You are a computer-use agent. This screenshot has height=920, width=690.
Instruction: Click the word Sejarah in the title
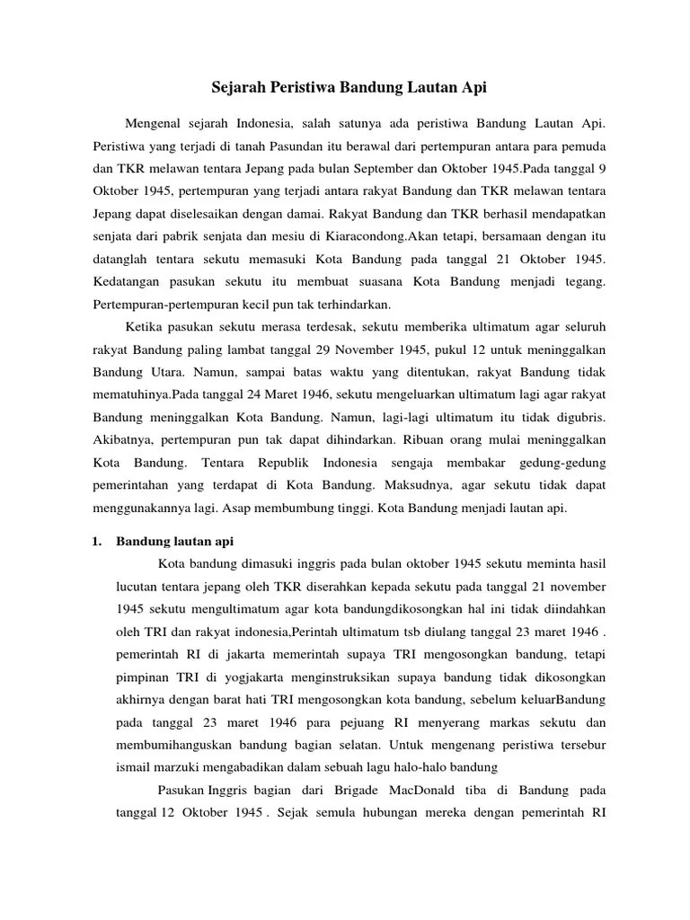pyautogui.click(x=234, y=88)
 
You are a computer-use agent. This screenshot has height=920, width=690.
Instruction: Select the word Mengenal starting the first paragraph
pyautogui.click(x=158, y=121)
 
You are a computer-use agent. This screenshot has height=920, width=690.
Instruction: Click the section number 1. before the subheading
pyautogui.click(x=99, y=541)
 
